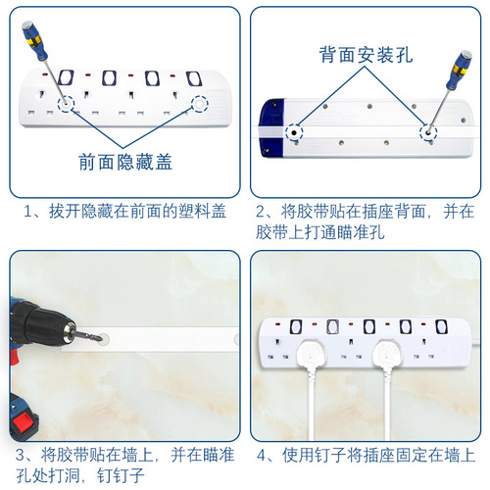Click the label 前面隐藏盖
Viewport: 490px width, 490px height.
click(x=124, y=163)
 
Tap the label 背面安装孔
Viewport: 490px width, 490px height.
click(x=365, y=57)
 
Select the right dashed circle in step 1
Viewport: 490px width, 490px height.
click(x=203, y=103)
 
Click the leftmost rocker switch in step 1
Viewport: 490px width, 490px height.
click(x=66, y=77)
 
